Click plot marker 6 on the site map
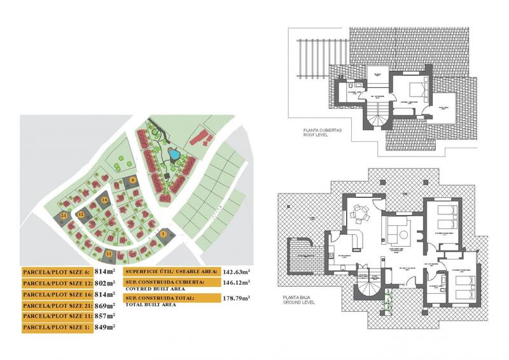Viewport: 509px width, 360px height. point(133,180)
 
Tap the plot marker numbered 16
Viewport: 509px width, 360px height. point(104,200)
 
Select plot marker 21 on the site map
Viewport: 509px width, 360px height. point(65,216)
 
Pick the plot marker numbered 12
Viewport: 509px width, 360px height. point(81,215)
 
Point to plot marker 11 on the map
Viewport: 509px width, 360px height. point(109,254)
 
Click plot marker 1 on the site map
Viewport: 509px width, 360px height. point(163,234)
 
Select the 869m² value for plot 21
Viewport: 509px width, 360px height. point(104,305)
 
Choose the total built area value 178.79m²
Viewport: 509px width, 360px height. point(236,297)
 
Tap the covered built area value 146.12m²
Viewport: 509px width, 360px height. point(236,282)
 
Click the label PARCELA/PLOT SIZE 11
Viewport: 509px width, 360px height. point(57,316)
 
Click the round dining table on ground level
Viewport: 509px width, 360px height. point(361,214)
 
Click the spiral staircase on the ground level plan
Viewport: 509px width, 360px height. point(370,284)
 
